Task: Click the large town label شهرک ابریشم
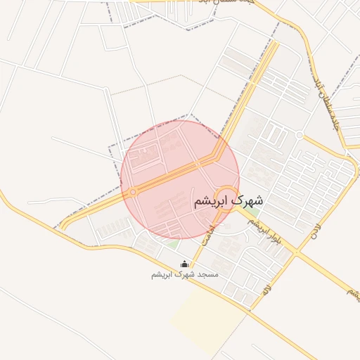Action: (x=226, y=200)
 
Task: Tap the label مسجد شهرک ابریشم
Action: (x=185, y=274)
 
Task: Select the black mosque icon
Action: (x=185, y=264)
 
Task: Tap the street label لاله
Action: (x=266, y=289)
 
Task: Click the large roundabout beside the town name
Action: (x=226, y=196)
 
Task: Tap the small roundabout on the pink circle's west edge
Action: (x=132, y=191)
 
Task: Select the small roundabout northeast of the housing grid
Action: (x=300, y=134)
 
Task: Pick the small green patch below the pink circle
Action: (x=171, y=244)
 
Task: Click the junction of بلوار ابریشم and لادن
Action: (x=297, y=252)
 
